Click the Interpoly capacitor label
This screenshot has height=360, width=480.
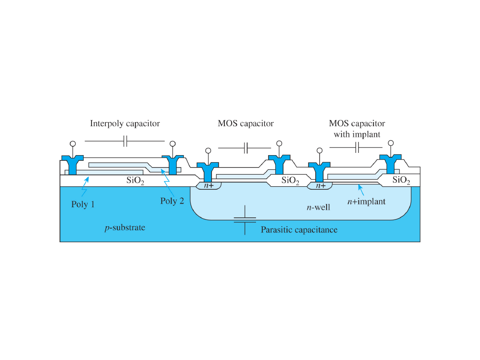(x=125, y=124)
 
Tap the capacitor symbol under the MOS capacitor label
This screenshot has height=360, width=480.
(x=245, y=148)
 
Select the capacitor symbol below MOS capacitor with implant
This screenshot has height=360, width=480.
(x=356, y=148)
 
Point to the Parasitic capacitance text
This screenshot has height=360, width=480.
(x=299, y=230)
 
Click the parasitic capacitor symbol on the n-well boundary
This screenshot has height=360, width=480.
(x=245, y=220)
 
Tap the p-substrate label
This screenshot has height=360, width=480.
(x=125, y=228)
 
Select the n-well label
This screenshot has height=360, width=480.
(x=319, y=208)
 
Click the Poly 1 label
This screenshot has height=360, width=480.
(x=83, y=205)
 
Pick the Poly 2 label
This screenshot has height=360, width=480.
(x=172, y=201)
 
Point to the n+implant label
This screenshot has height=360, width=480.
(x=366, y=202)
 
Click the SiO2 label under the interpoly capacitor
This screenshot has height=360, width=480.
(x=136, y=181)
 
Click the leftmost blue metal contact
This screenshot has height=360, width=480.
(x=72, y=165)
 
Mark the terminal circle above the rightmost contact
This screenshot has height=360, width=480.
(x=390, y=143)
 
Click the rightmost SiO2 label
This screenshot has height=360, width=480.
(x=401, y=180)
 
